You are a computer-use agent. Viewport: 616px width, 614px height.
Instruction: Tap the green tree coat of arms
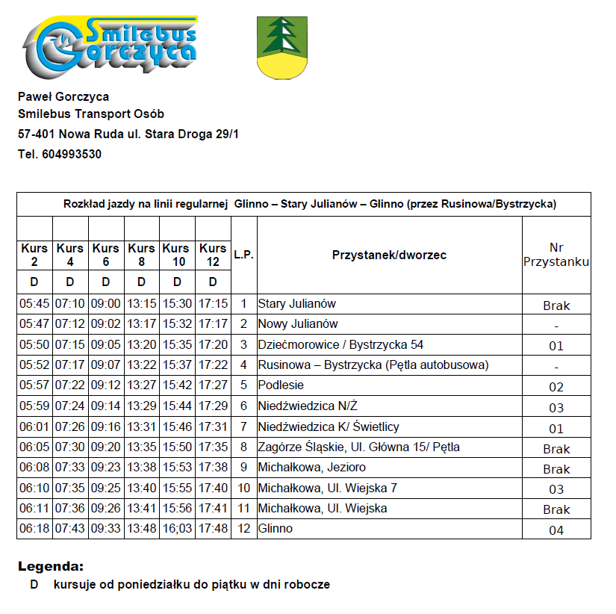(282, 47)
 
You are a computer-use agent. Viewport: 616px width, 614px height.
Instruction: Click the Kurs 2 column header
(34, 254)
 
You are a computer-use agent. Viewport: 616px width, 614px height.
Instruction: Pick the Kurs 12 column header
(214, 254)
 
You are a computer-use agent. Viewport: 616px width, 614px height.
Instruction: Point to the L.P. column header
(244, 255)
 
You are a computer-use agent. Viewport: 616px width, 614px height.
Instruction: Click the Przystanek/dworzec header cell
(389, 255)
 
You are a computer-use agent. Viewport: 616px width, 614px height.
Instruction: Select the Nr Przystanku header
(556, 255)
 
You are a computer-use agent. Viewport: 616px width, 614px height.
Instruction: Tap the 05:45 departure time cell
(34, 304)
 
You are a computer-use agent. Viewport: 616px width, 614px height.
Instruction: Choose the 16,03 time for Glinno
(177, 529)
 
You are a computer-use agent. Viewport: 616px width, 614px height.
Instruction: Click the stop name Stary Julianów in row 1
(297, 304)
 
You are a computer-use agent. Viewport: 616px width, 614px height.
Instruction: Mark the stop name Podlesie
(281, 385)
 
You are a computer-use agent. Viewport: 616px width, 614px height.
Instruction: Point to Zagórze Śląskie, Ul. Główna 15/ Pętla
(358, 447)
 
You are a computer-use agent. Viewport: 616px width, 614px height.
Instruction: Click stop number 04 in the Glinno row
(556, 530)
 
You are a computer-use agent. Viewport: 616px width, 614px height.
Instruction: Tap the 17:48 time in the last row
(214, 529)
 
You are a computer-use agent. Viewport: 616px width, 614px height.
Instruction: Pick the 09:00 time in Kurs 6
(106, 304)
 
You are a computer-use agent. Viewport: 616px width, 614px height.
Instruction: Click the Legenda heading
(51, 566)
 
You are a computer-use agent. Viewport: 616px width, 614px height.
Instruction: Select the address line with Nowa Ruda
(128, 134)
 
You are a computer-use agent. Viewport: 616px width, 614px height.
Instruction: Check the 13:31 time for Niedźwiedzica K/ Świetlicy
(141, 427)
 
